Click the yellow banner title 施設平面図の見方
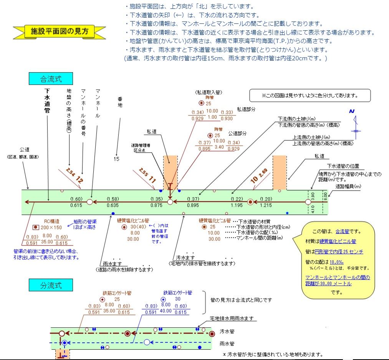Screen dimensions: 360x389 (59, 31)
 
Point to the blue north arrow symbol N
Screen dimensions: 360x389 (351, 111)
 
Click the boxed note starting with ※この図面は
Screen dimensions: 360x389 (310, 95)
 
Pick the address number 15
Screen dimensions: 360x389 (116, 158)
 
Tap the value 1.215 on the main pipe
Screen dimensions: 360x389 (265, 206)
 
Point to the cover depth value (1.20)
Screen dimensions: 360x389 (265, 199)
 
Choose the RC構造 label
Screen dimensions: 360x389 (51, 221)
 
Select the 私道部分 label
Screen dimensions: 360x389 (246, 109)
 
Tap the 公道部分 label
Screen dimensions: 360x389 (238, 133)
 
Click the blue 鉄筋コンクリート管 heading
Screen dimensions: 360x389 (177, 292)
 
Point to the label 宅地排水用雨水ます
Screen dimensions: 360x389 (232, 319)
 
